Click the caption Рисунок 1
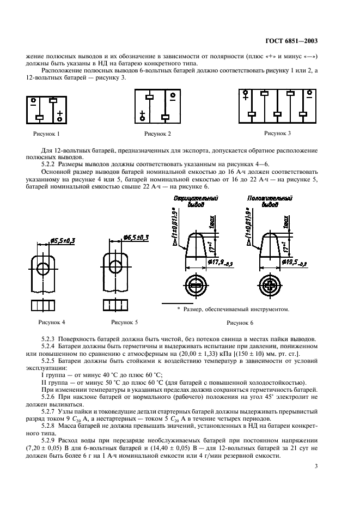tap(46, 133)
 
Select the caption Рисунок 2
tap(157, 133)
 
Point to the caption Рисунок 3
tap(278, 132)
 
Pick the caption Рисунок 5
tap(124, 322)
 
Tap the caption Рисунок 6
tap(240, 323)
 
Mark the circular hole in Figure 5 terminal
tap(115, 268)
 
